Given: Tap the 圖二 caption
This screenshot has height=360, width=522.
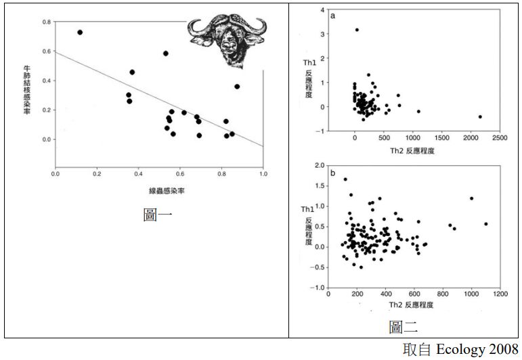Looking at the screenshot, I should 404,328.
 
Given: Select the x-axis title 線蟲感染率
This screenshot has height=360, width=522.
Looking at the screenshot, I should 159,192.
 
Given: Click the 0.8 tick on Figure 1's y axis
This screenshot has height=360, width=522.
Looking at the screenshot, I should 46,22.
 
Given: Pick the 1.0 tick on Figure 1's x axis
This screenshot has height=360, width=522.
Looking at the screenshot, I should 263,174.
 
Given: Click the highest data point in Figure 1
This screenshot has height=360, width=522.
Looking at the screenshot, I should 80,32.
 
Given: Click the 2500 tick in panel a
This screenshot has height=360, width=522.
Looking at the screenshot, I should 500,138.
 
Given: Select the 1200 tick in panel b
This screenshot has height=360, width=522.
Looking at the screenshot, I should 500,295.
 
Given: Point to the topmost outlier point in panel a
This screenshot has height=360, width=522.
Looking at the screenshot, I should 357,30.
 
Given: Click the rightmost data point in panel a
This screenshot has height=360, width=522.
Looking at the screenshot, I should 480,116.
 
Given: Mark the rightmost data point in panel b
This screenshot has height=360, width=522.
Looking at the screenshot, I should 486,224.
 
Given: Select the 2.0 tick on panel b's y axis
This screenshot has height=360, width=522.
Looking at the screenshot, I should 319,166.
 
